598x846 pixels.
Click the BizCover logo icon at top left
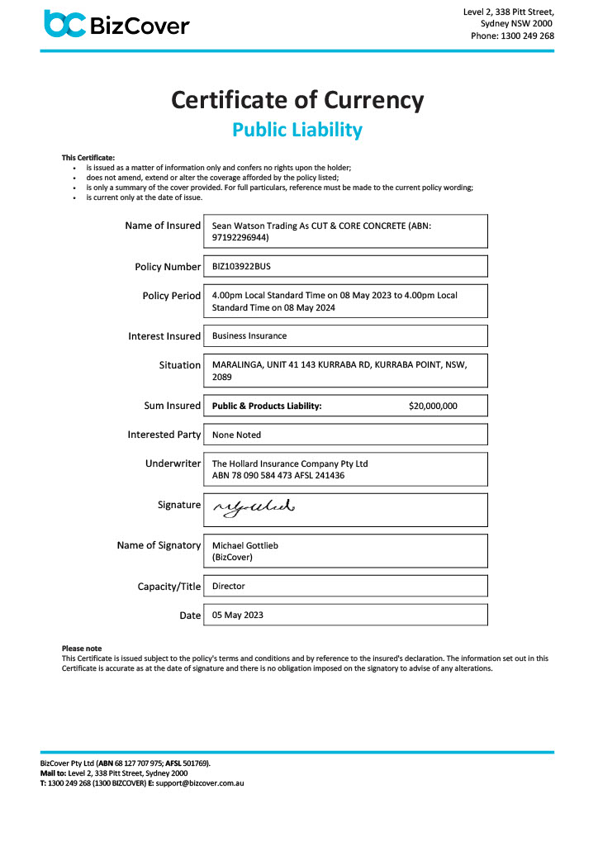coord(64,24)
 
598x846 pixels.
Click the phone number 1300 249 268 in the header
coord(524,36)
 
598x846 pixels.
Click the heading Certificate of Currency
coord(297,100)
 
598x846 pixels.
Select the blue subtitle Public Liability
coord(297,130)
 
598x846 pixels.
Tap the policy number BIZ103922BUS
coord(241,267)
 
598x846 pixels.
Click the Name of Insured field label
coord(163,226)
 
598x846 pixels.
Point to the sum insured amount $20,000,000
coord(433,406)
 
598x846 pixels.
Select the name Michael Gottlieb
coord(247,546)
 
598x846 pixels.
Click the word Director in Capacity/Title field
coord(229,586)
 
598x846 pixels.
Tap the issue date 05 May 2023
coord(238,615)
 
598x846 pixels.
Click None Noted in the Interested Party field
coord(236,435)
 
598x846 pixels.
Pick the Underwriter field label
coord(173,463)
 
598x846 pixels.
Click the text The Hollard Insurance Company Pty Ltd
coord(290,463)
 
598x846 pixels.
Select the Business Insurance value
coord(249,336)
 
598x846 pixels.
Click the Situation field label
coord(179,364)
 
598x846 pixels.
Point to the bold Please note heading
coord(82,649)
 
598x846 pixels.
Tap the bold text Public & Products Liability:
coord(267,406)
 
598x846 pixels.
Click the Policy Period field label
coord(172,295)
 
